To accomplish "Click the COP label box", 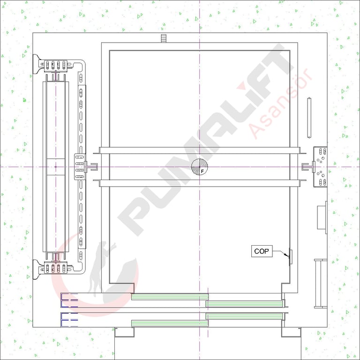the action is tap(262, 251).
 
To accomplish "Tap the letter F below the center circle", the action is tap(202, 171).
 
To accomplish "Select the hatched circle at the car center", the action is tap(200, 167).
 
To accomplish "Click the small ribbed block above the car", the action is tap(163, 38).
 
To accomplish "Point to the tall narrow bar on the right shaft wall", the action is tap(309, 118).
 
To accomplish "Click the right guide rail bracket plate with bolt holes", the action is tap(321, 167).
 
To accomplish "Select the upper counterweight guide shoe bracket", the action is tap(56, 65).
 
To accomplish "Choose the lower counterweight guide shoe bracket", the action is tap(56, 268).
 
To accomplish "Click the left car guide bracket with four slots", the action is tap(80, 167).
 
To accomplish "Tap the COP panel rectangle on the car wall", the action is tap(291, 257).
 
